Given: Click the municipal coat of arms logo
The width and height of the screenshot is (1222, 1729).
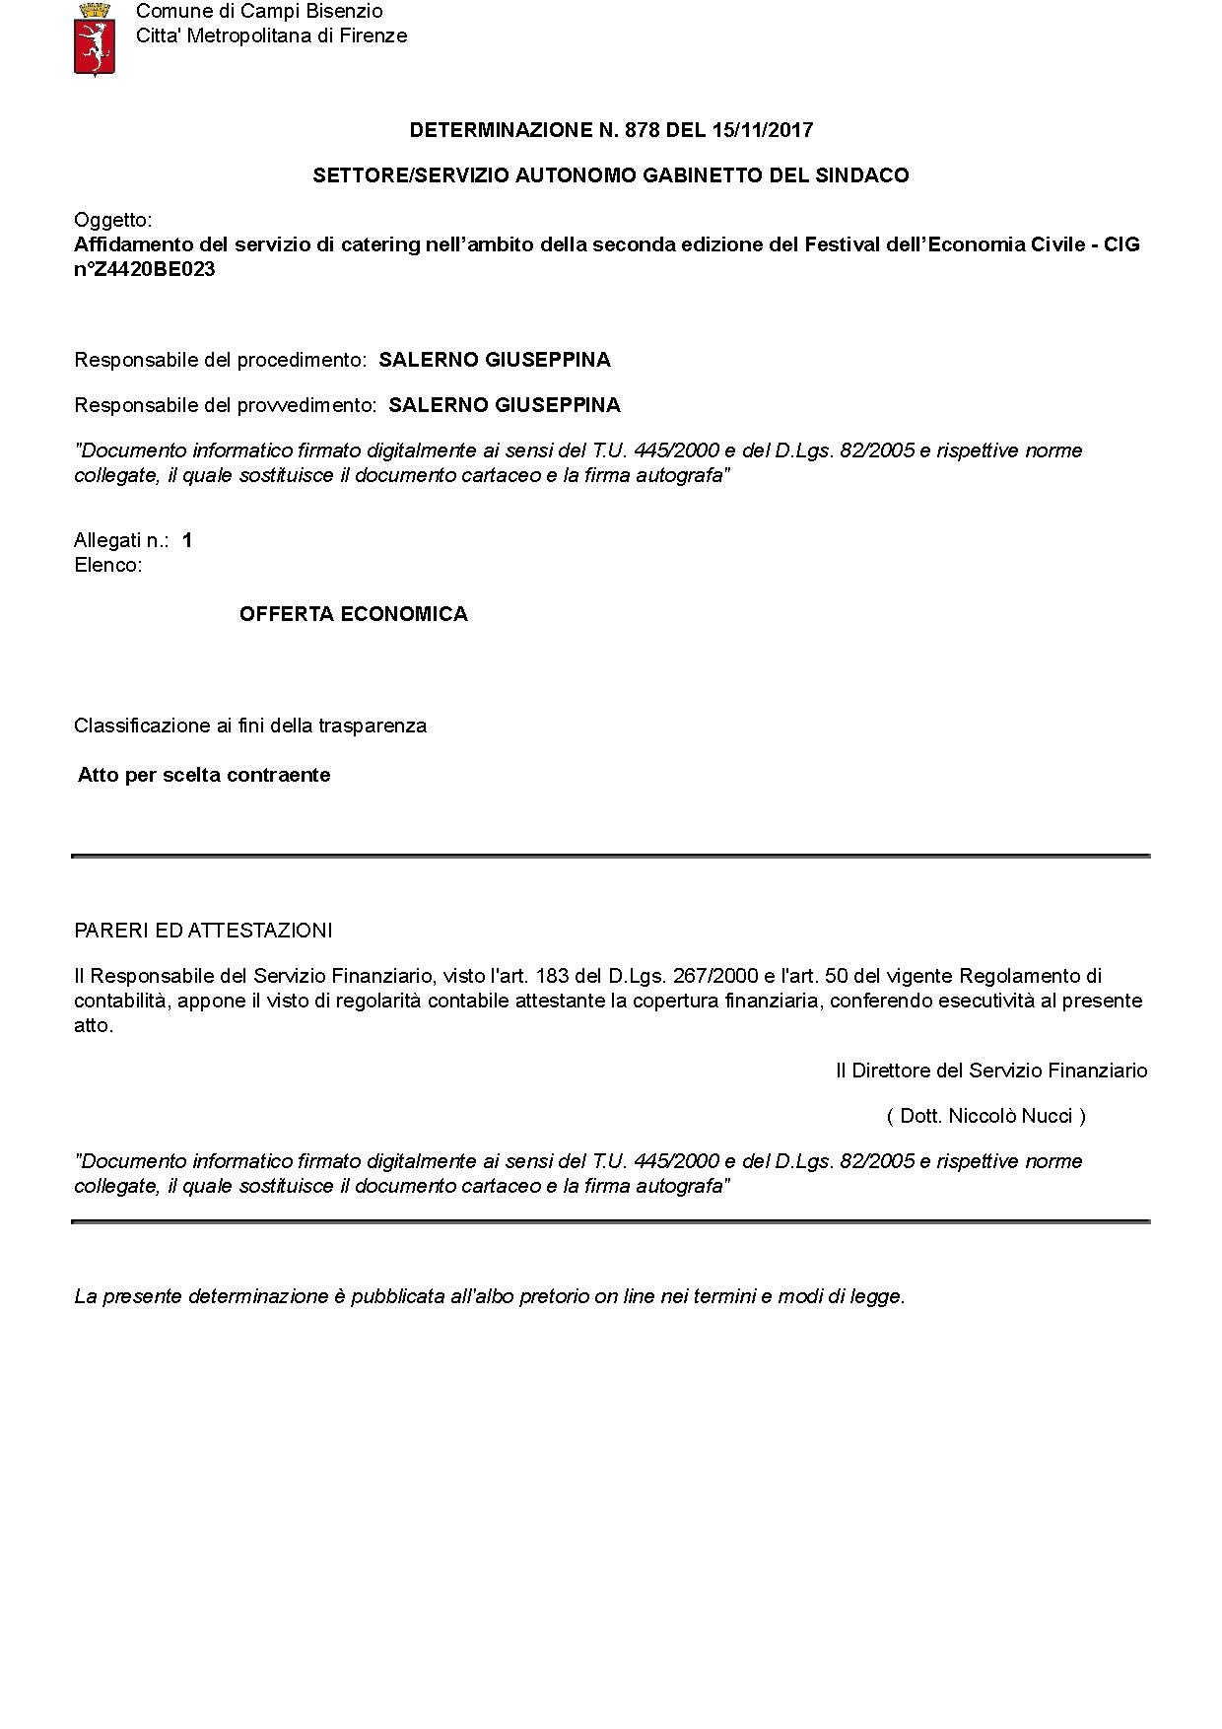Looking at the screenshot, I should [95, 38].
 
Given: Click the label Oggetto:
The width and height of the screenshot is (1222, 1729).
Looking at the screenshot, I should [113, 220].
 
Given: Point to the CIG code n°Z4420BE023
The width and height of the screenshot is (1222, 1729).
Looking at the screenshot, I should [145, 269].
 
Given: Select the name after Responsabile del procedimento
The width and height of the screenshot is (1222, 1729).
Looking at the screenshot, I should [495, 360].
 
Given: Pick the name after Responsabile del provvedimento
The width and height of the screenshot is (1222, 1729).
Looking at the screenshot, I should [505, 405].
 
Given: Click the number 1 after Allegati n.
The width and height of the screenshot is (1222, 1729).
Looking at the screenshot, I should [187, 540].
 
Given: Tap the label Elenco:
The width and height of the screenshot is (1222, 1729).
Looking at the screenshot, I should [108, 565].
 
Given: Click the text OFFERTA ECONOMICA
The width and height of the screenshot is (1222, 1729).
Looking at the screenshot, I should [353, 614].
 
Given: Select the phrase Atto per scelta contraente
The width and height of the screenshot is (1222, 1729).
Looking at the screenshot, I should [204, 775].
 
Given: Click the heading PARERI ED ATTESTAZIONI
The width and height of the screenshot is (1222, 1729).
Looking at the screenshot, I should [203, 931].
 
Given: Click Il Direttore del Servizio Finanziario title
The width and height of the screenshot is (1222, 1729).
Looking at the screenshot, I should [991, 1071].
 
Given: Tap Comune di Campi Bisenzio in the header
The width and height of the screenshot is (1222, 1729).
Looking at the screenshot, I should [259, 12].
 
